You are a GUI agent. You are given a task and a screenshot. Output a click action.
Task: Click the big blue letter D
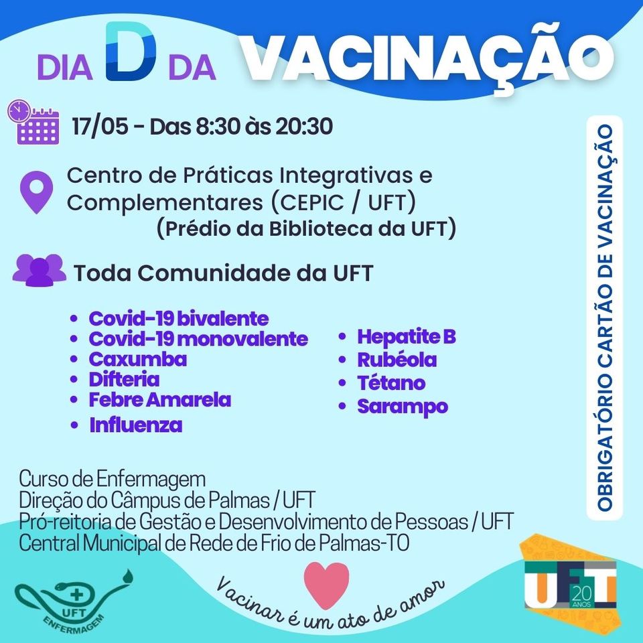[131, 51]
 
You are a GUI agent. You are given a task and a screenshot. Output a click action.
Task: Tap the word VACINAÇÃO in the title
[427, 54]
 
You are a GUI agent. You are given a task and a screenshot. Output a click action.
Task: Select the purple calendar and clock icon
[33, 121]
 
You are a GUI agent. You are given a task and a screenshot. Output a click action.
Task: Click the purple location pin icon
[36, 192]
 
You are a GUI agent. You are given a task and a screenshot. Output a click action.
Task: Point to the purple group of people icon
[40, 270]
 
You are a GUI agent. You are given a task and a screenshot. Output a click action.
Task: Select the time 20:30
[304, 126]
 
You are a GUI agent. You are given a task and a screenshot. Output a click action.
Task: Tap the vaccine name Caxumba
[138, 359]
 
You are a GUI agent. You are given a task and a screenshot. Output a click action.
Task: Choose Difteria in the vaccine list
[125, 379]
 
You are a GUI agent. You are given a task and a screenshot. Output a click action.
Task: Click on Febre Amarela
[160, 400]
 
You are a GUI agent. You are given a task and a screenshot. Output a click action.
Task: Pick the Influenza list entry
[136, 425]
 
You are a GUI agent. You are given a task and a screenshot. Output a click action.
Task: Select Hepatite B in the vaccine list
[407, 337]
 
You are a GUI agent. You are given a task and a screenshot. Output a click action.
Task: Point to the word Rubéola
[397, 360]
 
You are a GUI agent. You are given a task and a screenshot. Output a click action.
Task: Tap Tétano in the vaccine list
[391, 383]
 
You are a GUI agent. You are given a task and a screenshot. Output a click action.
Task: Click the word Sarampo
[403, 407]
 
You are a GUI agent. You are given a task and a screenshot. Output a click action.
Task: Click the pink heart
[326, 585]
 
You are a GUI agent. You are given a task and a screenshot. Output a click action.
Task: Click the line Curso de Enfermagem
[113, 478]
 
